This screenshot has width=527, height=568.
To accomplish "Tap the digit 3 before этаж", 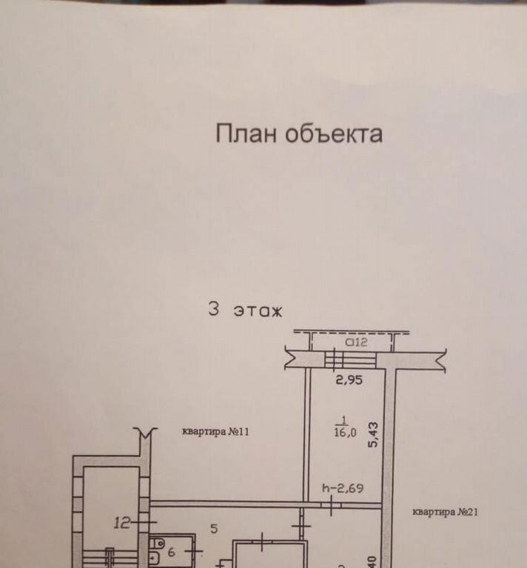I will point(214,309).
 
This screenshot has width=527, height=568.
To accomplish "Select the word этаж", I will point(258,310).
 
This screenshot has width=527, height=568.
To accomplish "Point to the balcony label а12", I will point(357,342).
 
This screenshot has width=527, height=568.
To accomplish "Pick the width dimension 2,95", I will point(351,382).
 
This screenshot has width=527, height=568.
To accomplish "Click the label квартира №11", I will point(215,433).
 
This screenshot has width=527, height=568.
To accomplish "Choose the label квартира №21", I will point(444,511).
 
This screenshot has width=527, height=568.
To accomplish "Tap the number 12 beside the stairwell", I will point(123,524).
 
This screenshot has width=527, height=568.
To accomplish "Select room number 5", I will point(213,528).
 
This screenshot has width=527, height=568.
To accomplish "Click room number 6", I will point(172,551).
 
